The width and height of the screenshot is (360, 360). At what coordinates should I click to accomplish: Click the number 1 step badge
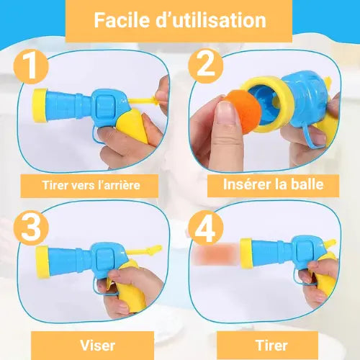pyautogui.click(x=31, y=66)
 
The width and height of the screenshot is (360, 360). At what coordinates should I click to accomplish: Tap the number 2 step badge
pyautogui.click(x=206, y=66)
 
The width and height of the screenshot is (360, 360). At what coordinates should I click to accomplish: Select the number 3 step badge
pyautogui.click(x=31, y=228)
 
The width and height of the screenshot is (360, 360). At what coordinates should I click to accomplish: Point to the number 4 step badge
pyautogui.click(x=206, y=228)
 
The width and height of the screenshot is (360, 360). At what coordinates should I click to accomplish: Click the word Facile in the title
pyautogui.click(x=122, y=20)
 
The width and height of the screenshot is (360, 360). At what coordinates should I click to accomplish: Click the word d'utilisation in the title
pyautogui.click(x=211, y=20)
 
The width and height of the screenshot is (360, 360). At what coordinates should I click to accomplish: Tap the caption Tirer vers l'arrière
pyautogui.click(x=91, y=185)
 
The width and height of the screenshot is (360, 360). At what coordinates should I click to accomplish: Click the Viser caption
pyautogui.click(x=98, y=346)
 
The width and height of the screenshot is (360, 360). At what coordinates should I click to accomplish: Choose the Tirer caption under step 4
pyautogui.click(x=272, y=346)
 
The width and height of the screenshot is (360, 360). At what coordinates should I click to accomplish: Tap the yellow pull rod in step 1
pyautogui.click(x=144, y=101)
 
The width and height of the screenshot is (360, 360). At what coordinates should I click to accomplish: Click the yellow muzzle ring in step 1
pyautogui.click(x=40, y=106)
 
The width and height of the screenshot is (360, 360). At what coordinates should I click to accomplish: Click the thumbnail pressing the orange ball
pyautogui.click(x=225, y=113)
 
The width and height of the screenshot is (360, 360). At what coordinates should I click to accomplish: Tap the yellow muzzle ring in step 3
pyautogui.click(x=42, y=262)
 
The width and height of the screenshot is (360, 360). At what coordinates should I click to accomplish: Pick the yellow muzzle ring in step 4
pyautogui.click(x=246, y=253)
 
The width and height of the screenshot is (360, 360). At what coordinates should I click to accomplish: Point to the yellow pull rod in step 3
pyautogui.click(x=145, y=251)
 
